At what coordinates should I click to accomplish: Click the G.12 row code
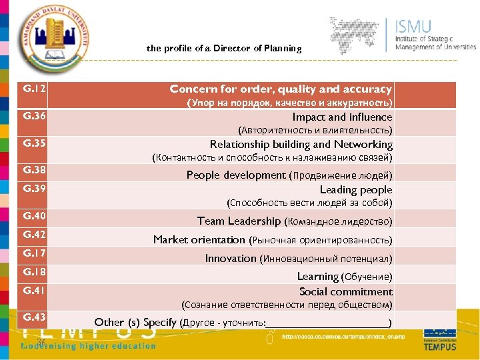34,89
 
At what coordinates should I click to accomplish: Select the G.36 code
34,116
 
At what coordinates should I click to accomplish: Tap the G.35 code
34,143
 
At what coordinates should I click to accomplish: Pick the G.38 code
34,170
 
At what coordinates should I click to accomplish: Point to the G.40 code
34,216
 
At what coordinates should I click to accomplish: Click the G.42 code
34,235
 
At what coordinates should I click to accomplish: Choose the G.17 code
34,253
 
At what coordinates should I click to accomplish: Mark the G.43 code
34,317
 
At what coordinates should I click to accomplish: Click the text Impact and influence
342,117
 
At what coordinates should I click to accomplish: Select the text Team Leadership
239,221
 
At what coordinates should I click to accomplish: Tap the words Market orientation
199,239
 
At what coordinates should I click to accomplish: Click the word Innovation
230,258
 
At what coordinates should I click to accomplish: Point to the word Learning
317,276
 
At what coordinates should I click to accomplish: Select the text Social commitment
345,291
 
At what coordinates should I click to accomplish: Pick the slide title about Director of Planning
224,48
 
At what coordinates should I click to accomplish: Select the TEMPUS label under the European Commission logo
440,347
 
